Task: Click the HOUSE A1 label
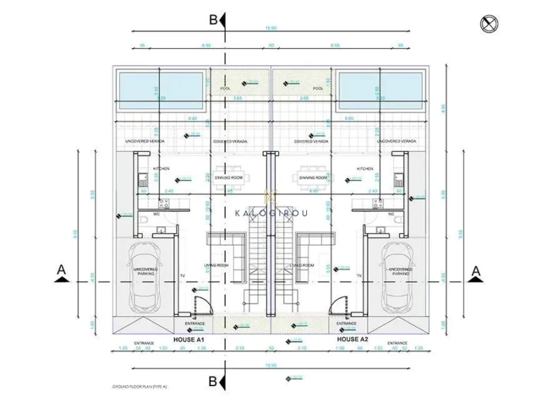coord(188,340)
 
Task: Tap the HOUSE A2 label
coord(353,340)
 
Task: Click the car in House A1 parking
coord(146,277)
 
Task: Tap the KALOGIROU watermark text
coord(270,211)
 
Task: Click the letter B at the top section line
coord(213,20)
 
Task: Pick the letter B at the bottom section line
coord(213,381)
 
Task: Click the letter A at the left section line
coord(62,270)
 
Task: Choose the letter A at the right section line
coord(476,270)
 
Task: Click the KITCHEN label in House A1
coord(160,169)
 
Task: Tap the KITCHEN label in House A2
coord(365,169)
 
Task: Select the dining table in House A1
coord(229,179)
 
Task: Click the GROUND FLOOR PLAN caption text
coord(139,388)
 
